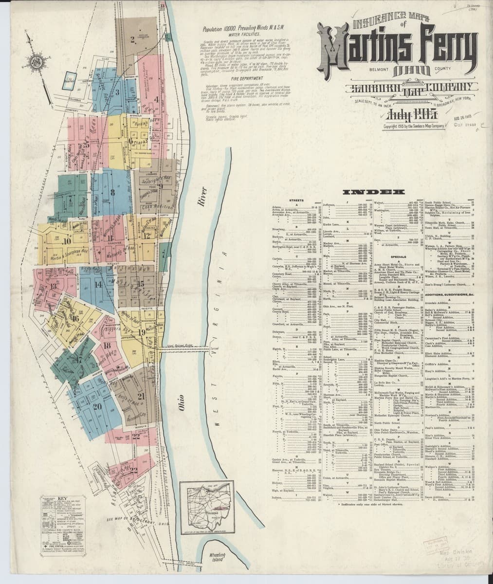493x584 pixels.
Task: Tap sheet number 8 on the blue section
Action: tap(113, 191)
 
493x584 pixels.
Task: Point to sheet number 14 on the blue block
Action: tap(98, 283)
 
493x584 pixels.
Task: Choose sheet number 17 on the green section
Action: tap(79, 360)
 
